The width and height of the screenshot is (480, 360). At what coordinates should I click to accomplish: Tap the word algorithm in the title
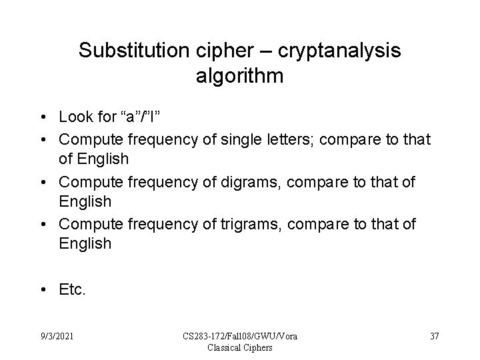(x=240, y=76)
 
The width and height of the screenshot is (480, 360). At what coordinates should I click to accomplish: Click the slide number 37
(x=434, y=336)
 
